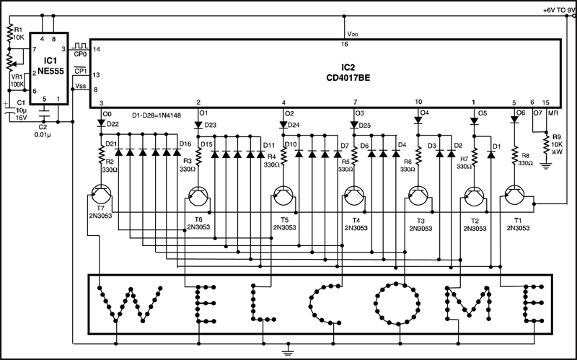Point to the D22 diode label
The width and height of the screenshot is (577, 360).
(x=113, y=124)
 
